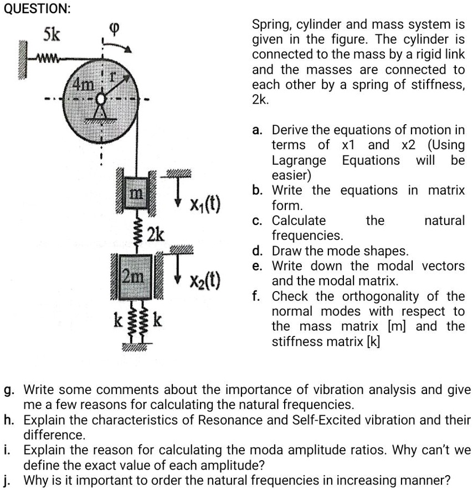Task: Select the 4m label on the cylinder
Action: pos(85,85)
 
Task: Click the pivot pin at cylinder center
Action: pos(101,100)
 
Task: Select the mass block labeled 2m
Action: pos(134,275)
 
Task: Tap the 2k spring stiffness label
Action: pos(155,234)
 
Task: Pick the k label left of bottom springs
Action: pos(117,319)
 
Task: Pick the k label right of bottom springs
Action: pos(157,319)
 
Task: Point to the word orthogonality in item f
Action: pos(379,296)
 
